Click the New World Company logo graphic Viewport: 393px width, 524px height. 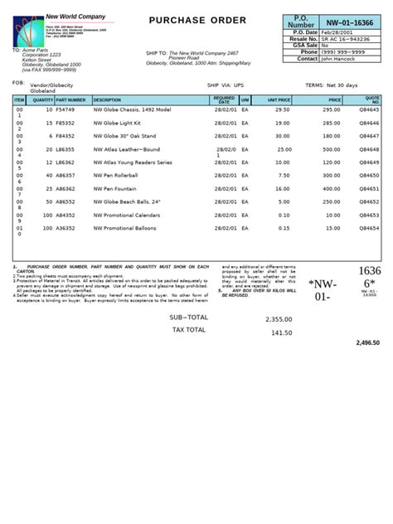[x=29, y=32]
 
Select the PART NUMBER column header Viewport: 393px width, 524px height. [x=70, y=100]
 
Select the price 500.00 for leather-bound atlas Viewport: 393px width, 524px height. [x=332, y=149]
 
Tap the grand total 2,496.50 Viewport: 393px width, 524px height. [x=367, y=342]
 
